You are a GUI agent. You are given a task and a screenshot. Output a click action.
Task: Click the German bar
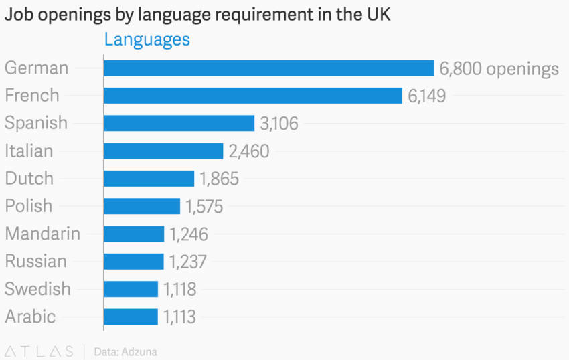[268, 68]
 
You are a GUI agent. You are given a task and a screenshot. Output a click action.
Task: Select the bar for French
[252, 96]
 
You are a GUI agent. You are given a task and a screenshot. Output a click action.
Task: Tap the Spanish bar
[179, 123]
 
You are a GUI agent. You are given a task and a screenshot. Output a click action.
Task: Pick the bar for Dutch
[149, 179]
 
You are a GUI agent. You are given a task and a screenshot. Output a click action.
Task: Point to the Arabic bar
[131, 317]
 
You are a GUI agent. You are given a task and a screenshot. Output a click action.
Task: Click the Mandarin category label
[43, 234]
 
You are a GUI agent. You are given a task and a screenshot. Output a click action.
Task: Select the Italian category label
[29, 151]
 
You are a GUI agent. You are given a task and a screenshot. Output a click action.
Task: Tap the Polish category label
[29, 206]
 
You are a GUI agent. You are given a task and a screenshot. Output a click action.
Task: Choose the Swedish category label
[37, 289]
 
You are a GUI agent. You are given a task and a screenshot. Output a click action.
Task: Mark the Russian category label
[36, 261]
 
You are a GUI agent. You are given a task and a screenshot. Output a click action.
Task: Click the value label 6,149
[426, 96]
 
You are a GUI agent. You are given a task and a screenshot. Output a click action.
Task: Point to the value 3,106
[279, 124]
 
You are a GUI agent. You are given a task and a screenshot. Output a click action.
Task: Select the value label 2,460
[249, 151]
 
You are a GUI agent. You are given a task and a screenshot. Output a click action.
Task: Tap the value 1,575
[204, 207]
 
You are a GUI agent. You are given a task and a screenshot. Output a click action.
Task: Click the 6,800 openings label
[499, 68]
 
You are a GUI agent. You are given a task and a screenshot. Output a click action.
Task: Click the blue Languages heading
[147, 39]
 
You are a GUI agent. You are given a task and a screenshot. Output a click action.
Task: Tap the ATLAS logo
[39, 351]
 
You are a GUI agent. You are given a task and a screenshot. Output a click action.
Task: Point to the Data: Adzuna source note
[126, 351]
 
